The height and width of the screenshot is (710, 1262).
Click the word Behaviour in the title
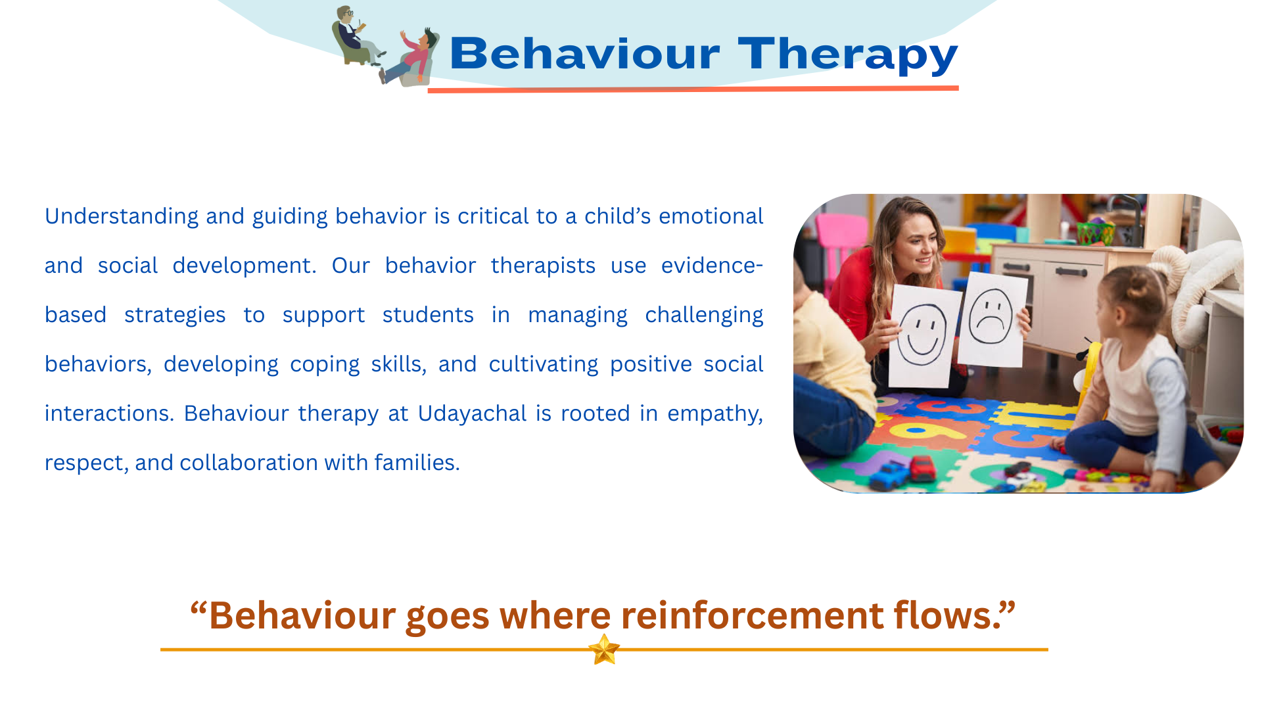585,53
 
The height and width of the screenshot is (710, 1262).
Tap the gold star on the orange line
604,650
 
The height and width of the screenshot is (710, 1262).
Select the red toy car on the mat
922,467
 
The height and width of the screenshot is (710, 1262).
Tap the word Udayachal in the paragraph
472,414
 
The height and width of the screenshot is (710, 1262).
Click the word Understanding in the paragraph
122,217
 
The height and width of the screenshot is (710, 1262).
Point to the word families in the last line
417,463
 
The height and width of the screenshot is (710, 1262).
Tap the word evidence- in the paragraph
712,266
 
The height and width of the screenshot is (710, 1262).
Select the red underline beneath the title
693,89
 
